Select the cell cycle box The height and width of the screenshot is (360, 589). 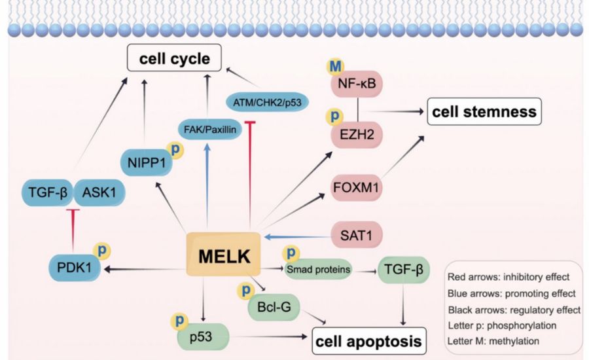click(173, 60)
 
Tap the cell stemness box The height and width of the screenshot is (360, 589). click(483, 113)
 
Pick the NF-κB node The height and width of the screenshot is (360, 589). click(359, 84)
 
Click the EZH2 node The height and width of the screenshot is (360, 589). click(359, 135)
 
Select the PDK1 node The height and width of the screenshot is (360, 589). click(74, 268)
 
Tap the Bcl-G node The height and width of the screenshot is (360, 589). click(270, 305)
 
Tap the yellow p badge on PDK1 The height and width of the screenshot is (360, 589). click(102, 251)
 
